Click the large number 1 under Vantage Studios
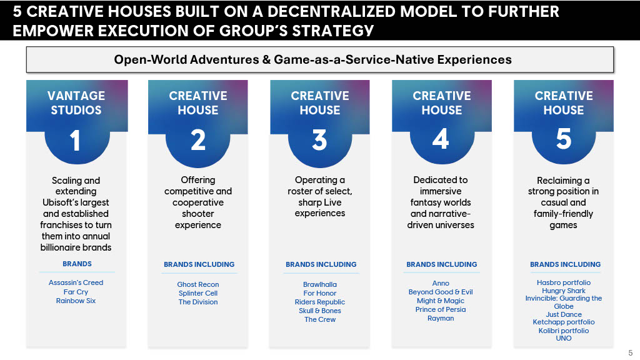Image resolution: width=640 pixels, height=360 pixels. pos(75,141)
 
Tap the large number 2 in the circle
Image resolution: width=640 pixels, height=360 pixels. pos(198,140)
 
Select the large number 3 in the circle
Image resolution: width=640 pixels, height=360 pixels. pos(319,139)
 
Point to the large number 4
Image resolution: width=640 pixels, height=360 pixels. pos(441,139)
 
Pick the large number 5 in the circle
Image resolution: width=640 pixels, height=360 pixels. pos(564,139)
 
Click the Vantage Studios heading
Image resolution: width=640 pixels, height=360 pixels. pos(76,103)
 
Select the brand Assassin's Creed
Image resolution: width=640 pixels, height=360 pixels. pos(76,282)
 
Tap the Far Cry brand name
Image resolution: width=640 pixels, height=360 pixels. pos(76,292)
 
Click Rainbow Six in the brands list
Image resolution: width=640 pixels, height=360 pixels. pos(76,301)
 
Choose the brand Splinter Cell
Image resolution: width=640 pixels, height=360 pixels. pos(198,293)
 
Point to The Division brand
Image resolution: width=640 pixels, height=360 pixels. pos(198,302)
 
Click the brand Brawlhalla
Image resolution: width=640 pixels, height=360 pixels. pos(320,284)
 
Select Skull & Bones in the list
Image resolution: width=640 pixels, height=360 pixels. pos(320,311)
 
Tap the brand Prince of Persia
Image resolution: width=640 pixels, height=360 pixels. pos(441,309)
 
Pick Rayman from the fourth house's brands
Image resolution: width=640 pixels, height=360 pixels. pos(441,318)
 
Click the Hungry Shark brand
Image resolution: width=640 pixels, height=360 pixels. pos(564,291)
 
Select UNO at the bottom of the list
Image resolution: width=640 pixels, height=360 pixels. pos(564,338)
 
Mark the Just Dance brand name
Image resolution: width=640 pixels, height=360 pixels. pos(564,314)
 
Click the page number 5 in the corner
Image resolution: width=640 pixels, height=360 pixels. pos(631,353)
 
